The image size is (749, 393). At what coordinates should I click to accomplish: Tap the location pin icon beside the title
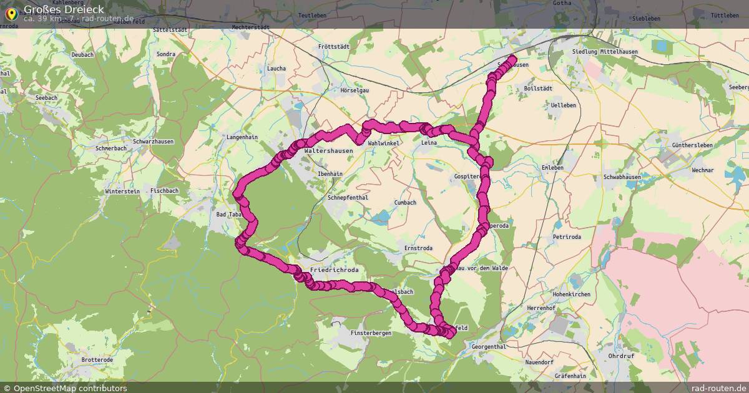click(11, 13)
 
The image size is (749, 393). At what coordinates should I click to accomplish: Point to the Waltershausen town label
click(328, 151)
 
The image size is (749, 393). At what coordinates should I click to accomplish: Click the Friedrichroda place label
click(335, 270)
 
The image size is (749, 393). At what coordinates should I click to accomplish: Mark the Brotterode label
click(97, 360)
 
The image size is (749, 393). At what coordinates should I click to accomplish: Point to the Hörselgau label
click(355, 90)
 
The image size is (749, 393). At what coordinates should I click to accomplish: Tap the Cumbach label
click(405, 203)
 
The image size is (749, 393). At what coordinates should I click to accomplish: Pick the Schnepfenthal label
click(348, 197)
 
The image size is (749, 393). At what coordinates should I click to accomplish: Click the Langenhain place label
click(242, 136)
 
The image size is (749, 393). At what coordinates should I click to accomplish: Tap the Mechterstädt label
click(250, 27)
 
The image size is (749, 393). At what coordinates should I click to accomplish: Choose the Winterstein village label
click(122, 191)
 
